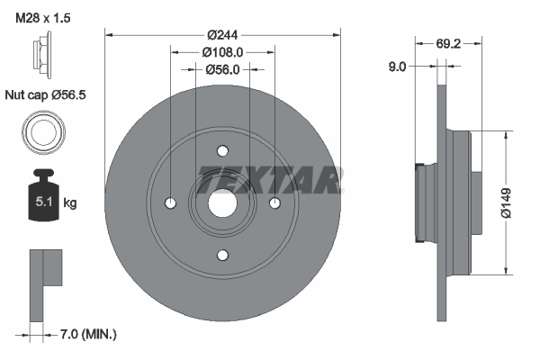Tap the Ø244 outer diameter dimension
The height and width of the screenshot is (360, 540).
click(222, 34)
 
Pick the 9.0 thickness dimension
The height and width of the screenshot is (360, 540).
click(397, 65)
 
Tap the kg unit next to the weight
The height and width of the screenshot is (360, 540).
click(70, 203)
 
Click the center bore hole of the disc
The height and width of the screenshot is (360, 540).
click(222, 203)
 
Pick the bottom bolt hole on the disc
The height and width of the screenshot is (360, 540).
click(222, 255)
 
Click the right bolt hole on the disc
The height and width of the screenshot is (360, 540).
click(274, 203)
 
